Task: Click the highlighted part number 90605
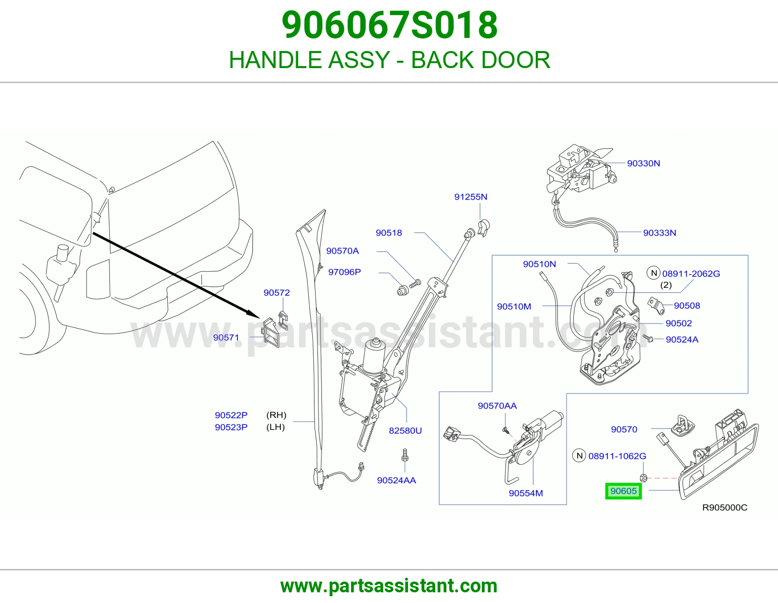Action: click(623, 491)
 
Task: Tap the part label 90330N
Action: click(643, 163)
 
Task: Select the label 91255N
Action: click(471, 196)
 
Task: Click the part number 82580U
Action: click(406, 430)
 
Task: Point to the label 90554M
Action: click(526, 493)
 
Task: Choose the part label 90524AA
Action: click(396, 480)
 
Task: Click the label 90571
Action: click(226, 337)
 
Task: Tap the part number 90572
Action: click(276, 293)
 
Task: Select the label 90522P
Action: click(231, 415)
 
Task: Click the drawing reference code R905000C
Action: click(725, 507)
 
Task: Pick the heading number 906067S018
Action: click(389, 25)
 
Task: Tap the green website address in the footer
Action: click(389, 586)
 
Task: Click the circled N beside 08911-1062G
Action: click(579, 456)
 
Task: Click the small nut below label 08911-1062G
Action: click(643, 478)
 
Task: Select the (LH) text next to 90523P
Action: click(275, 427)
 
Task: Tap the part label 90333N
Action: click(659, 233)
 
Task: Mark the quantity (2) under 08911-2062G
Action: click(666, 285)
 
